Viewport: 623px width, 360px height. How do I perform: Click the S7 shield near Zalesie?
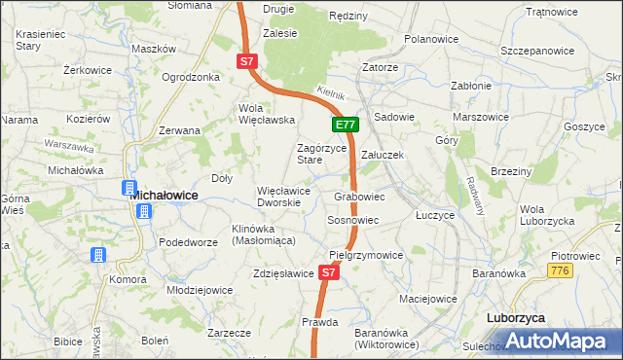[x=247, y=61]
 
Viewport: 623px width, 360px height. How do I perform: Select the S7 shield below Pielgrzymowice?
[x=329, y=273]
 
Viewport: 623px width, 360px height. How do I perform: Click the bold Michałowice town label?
[x=165, y=195]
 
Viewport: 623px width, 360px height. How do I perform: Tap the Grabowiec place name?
[x=359, y=197]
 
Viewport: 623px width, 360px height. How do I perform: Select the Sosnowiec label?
[x=352, y=221]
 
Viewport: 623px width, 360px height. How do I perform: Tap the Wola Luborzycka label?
[x=546, y=215]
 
